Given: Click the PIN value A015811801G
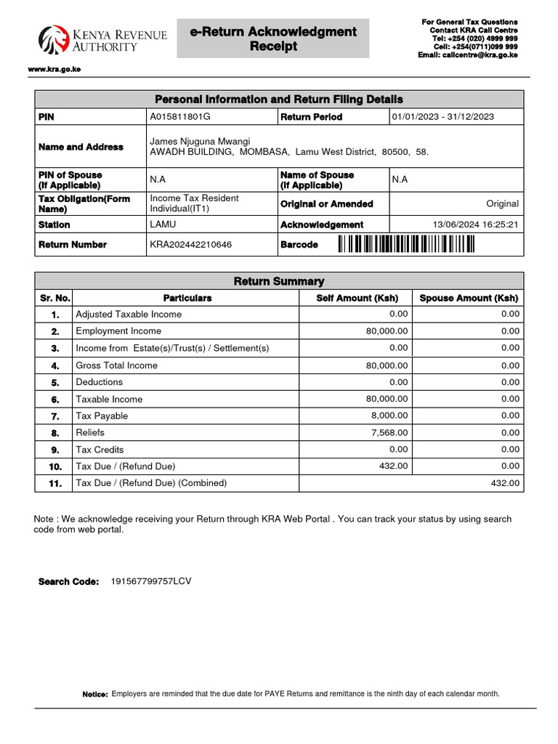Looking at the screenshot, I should pyautogui.click(x=179, y=117).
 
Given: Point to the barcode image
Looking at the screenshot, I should pyautogui.click(x=406, y=245).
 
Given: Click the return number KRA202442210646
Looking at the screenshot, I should pyautogui.click(x=191, y=245).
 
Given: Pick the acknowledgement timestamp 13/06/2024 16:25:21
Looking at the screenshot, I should pyautogui.click(x=475, y=225).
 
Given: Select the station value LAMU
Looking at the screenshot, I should pyautogui.click(x=163, y=225).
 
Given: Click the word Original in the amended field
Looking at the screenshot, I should pyautogui.click(x=503, y=204).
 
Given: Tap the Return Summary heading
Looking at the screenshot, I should pyautogui.click(x=279, y=281).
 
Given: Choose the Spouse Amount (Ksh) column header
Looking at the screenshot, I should pyautogui.click(x=469, y=298).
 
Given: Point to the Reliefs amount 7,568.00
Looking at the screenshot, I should pyautogui.click(x=388, y=432).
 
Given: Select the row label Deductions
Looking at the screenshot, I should pyautogui.click(x=100, y=382).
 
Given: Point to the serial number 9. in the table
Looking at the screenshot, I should pyautogui.click(x=55, y=450).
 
